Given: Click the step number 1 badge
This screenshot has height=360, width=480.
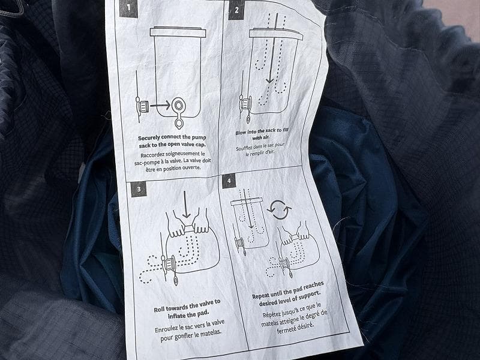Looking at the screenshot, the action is click(x=128, y=8).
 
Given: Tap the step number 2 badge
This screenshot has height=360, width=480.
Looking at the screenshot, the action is click(x=236, y=10).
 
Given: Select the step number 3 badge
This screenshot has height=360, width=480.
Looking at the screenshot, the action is click(x=139, y=189).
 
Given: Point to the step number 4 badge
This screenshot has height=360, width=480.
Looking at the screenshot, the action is click(x=229, y=181).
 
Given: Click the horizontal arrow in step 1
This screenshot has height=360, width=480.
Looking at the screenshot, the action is click(x=160, y=106).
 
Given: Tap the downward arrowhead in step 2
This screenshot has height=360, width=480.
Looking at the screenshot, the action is click(x=269, y=80).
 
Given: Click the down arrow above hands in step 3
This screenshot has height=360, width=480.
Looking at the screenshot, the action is click(x=186, y=205).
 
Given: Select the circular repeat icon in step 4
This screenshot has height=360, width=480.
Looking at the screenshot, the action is click(x=279, y=210).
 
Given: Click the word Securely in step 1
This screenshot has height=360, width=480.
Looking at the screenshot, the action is click(x=149, y=138).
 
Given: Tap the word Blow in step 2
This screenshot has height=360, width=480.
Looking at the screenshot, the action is click(x=241, y=133).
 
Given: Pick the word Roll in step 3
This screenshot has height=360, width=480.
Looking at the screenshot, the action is click(x=159, y=310).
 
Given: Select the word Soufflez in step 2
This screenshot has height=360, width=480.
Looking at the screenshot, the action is click(x=244, y=148).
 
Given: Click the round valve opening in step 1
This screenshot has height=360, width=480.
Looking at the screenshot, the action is click(x=178, y=106).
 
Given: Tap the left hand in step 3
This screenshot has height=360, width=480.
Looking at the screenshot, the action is click(x=176, y=224).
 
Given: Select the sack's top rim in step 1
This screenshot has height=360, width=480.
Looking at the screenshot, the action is click(x=178, y=32).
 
